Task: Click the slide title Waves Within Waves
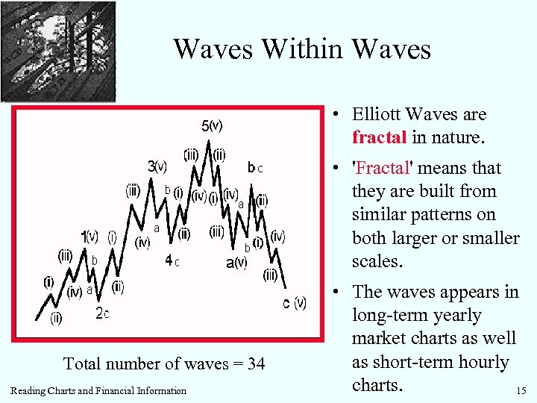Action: coord(302,49)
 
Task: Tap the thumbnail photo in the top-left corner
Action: coord(58,51)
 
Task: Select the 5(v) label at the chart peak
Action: coord(212,125)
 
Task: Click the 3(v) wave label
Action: coord(157,166)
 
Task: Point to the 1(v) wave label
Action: coord(89,237)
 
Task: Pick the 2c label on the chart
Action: coord(103,314)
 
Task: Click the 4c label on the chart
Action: coord(172,261)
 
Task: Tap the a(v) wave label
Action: coord(236,262)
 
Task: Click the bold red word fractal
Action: coord(380,138)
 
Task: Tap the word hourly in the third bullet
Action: coord(484,362)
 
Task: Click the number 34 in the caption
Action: coord(254,363)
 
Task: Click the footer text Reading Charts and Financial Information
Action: coord(99,390)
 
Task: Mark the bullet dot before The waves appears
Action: coord(338,292)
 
